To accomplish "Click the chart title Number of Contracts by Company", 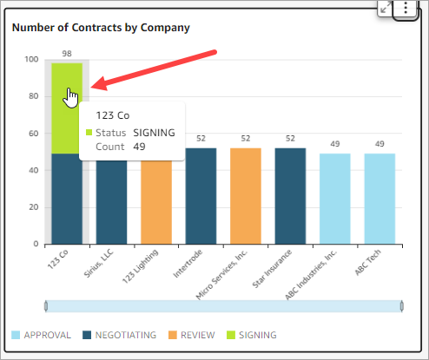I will tap(101, 27).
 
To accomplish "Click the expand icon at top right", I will tap(386, 7).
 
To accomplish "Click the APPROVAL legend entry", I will tap(41, 335).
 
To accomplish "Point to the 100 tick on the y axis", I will tap(31, 60).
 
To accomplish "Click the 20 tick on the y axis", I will tap(34, 207).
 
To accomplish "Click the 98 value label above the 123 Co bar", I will tap(67, 54).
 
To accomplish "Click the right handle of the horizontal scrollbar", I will tap(401, 306).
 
